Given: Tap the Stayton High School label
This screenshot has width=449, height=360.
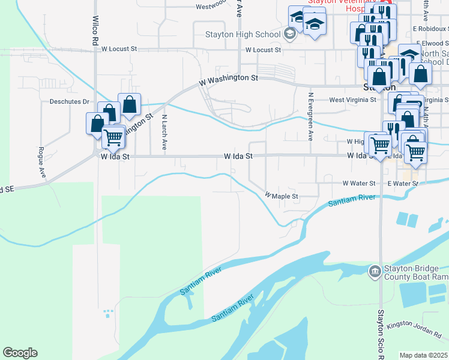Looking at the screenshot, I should click(243, 34).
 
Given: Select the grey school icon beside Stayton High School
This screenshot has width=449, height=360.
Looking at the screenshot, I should click(290, 34).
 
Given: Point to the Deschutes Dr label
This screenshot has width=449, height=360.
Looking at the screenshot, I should click(69, 102).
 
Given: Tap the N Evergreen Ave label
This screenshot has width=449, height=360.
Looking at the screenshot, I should click(310, 116).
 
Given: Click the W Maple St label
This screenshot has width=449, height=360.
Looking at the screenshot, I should click(282, 196).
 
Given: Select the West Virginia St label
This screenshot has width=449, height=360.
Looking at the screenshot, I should click(352, 100).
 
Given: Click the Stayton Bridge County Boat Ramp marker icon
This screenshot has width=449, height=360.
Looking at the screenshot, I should click(375, 272).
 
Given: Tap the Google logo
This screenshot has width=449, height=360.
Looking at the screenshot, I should click(20, 353).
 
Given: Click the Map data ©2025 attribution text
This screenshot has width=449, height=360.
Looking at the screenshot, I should click(424, 355).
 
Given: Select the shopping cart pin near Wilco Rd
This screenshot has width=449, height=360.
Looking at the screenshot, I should click(113, 137).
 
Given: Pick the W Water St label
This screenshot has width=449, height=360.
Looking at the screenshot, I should click(358, 183).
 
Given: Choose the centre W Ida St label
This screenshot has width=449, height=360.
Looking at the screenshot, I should click(238, 155).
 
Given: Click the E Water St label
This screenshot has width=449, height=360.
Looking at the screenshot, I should click(402, 183).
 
